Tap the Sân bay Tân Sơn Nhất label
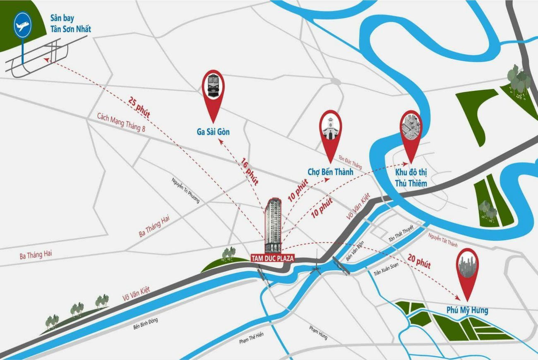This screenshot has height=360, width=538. click(70, 24)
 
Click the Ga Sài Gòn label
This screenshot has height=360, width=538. click(213, 132)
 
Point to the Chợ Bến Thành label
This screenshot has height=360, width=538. click(330, 172)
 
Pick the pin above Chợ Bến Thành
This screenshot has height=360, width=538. click(330, 130)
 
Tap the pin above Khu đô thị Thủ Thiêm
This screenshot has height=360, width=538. click(411, 130)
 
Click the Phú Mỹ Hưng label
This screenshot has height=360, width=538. click(467, 310)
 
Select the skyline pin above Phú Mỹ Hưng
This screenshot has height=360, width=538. click(467, 269)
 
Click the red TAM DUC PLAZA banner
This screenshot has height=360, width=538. click(273, 258)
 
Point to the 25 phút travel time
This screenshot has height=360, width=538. click(139, 107)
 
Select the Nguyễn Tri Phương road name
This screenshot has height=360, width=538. click(185, 190)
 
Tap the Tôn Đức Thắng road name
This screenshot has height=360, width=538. click(350, 162)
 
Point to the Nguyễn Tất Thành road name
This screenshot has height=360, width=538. click(443, 240)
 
